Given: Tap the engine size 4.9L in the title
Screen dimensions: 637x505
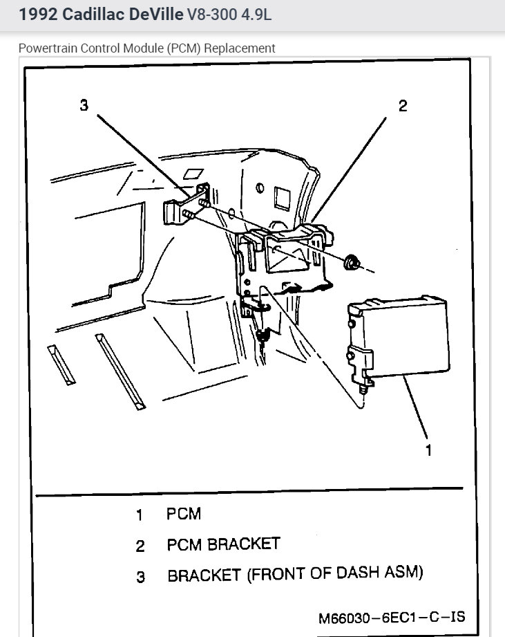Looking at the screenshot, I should tap(252, 15).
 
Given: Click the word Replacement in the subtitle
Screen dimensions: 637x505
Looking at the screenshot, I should tap(243, 48).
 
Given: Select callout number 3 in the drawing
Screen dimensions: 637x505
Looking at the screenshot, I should tap(84, 105).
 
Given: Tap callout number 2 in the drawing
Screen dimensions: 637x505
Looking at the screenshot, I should tap(402, 105).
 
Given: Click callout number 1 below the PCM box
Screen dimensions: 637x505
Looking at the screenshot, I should tap(428, 450).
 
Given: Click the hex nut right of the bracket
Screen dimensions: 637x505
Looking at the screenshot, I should tap(352, 261).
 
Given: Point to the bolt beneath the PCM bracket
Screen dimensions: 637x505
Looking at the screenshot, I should tap(262, 337).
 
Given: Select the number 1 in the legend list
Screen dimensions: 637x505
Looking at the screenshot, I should tap(140, 515).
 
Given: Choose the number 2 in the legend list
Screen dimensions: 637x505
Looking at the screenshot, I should tap(140, 546).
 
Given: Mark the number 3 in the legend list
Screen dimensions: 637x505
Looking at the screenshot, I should tap(140, 576).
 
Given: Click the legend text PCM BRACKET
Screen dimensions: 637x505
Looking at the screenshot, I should tap(223, 544).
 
